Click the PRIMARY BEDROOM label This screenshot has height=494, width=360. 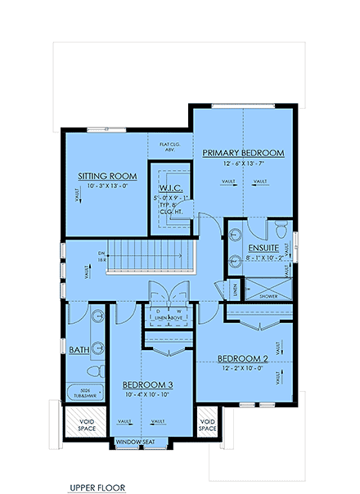click(x=243, y=153)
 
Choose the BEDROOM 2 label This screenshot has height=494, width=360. click(x=245, y=357)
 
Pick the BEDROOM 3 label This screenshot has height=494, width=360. click(x=147, y=384)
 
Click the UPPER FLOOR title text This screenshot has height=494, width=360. click(x=97, y=487)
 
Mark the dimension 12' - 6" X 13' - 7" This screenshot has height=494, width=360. click(x=244, y=164)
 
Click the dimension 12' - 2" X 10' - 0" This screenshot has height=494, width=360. click(x=244, y=368)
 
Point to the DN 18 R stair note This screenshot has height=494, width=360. click(x=101, y=255)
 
